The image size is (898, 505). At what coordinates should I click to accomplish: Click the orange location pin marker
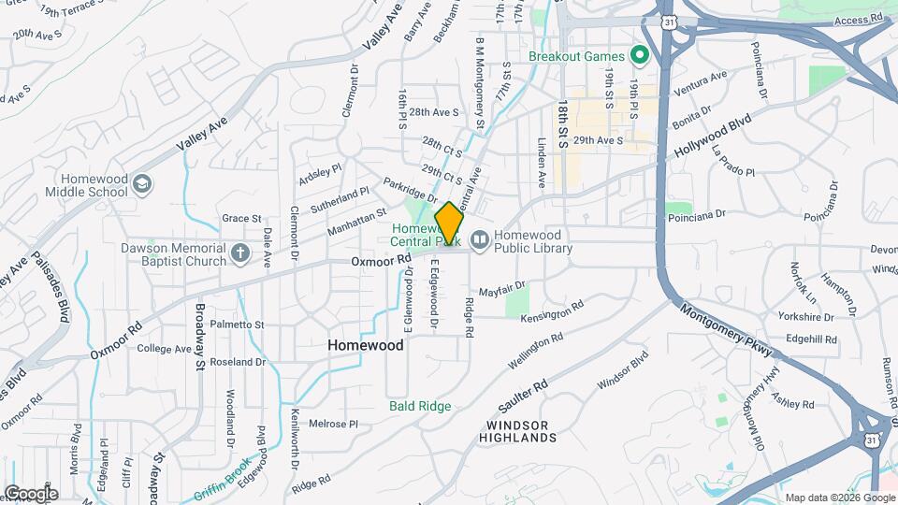coord(449,224)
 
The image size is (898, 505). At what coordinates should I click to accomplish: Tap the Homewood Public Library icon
coord(480,241)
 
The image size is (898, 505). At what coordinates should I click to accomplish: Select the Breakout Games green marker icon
coord(641,56)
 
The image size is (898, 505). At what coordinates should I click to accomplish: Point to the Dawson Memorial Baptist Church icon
coord(240,253)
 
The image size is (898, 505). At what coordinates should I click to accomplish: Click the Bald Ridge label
coord(420,406)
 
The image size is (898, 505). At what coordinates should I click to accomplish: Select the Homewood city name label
coord(366,345)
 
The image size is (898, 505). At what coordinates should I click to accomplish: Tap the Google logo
coord(30,494)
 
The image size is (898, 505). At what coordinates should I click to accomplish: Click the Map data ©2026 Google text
coord(840,498)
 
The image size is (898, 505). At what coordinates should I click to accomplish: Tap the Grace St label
coord(241,219)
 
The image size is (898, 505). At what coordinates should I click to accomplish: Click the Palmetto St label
coord(238,325)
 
